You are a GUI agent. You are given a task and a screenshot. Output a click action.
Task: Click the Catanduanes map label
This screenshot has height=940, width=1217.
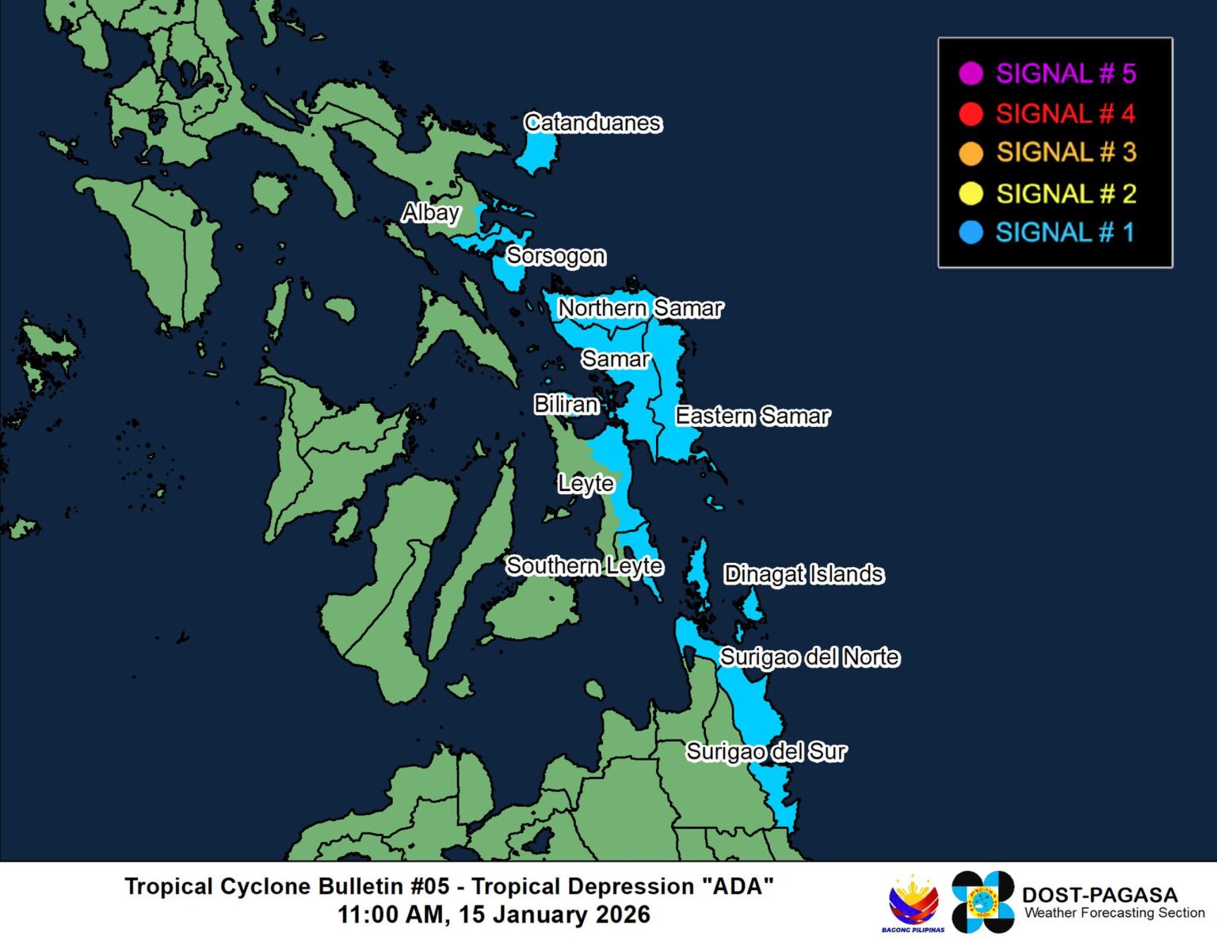[x=593, y=123]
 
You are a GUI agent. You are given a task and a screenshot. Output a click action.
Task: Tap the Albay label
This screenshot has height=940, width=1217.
[x=430, y=212]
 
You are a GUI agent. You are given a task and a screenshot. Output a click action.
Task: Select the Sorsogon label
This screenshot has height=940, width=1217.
[x=555, y=256]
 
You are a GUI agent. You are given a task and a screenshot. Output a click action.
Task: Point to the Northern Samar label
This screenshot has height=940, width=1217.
[x=640, y=308]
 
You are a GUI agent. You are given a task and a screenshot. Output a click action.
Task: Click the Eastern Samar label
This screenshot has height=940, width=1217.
[x=752, y=416]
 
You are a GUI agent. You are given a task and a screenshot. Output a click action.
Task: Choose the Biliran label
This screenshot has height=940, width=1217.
[x=566, y=404]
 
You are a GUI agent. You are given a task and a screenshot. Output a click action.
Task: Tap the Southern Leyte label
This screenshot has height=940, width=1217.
[x=585, y=565]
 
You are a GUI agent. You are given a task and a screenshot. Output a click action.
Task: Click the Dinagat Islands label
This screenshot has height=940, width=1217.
[x=803, y=574]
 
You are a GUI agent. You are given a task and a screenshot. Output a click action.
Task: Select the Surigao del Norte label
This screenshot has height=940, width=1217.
[x=809, y=657]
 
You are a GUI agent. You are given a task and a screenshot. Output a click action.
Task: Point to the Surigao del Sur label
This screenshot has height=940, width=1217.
[x=766, y=752]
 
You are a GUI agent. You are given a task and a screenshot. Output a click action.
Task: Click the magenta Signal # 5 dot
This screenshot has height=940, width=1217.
[x=971, y=74]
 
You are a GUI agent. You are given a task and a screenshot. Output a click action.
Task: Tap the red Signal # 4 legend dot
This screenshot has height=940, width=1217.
[x=971, y=114]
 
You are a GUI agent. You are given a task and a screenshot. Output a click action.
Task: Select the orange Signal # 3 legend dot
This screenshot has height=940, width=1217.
[x=971, y=153]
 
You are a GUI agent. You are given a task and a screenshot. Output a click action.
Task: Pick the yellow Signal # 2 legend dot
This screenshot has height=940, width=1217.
[x=971, y=193]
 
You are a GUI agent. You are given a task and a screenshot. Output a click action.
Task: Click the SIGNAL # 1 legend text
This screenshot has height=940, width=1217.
[x=1065, y=233]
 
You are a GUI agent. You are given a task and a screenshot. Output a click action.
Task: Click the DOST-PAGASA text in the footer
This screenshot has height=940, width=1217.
[x=1099, y=895]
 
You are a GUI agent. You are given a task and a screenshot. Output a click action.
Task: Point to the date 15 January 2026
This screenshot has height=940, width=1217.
[x=554, y=915]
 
